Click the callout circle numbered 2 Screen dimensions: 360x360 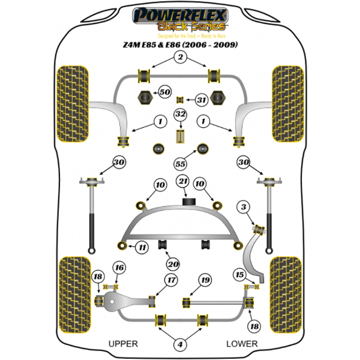pos(179,58)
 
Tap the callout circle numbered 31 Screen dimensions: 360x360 pos(201,100)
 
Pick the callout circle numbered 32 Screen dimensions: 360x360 pos(180,114)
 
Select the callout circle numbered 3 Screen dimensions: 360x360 pos(242,207)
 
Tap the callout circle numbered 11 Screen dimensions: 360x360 pos(142,247)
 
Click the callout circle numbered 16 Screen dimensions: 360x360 pos(119,268)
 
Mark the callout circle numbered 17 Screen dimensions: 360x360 pos(172,280)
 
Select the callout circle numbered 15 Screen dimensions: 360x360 pos(240,275)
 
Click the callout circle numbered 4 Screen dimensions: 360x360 pos(179,344)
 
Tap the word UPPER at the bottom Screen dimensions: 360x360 pos(123,344)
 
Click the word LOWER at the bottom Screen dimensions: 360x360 pos(242,344)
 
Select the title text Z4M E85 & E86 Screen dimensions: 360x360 pos(180,45)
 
